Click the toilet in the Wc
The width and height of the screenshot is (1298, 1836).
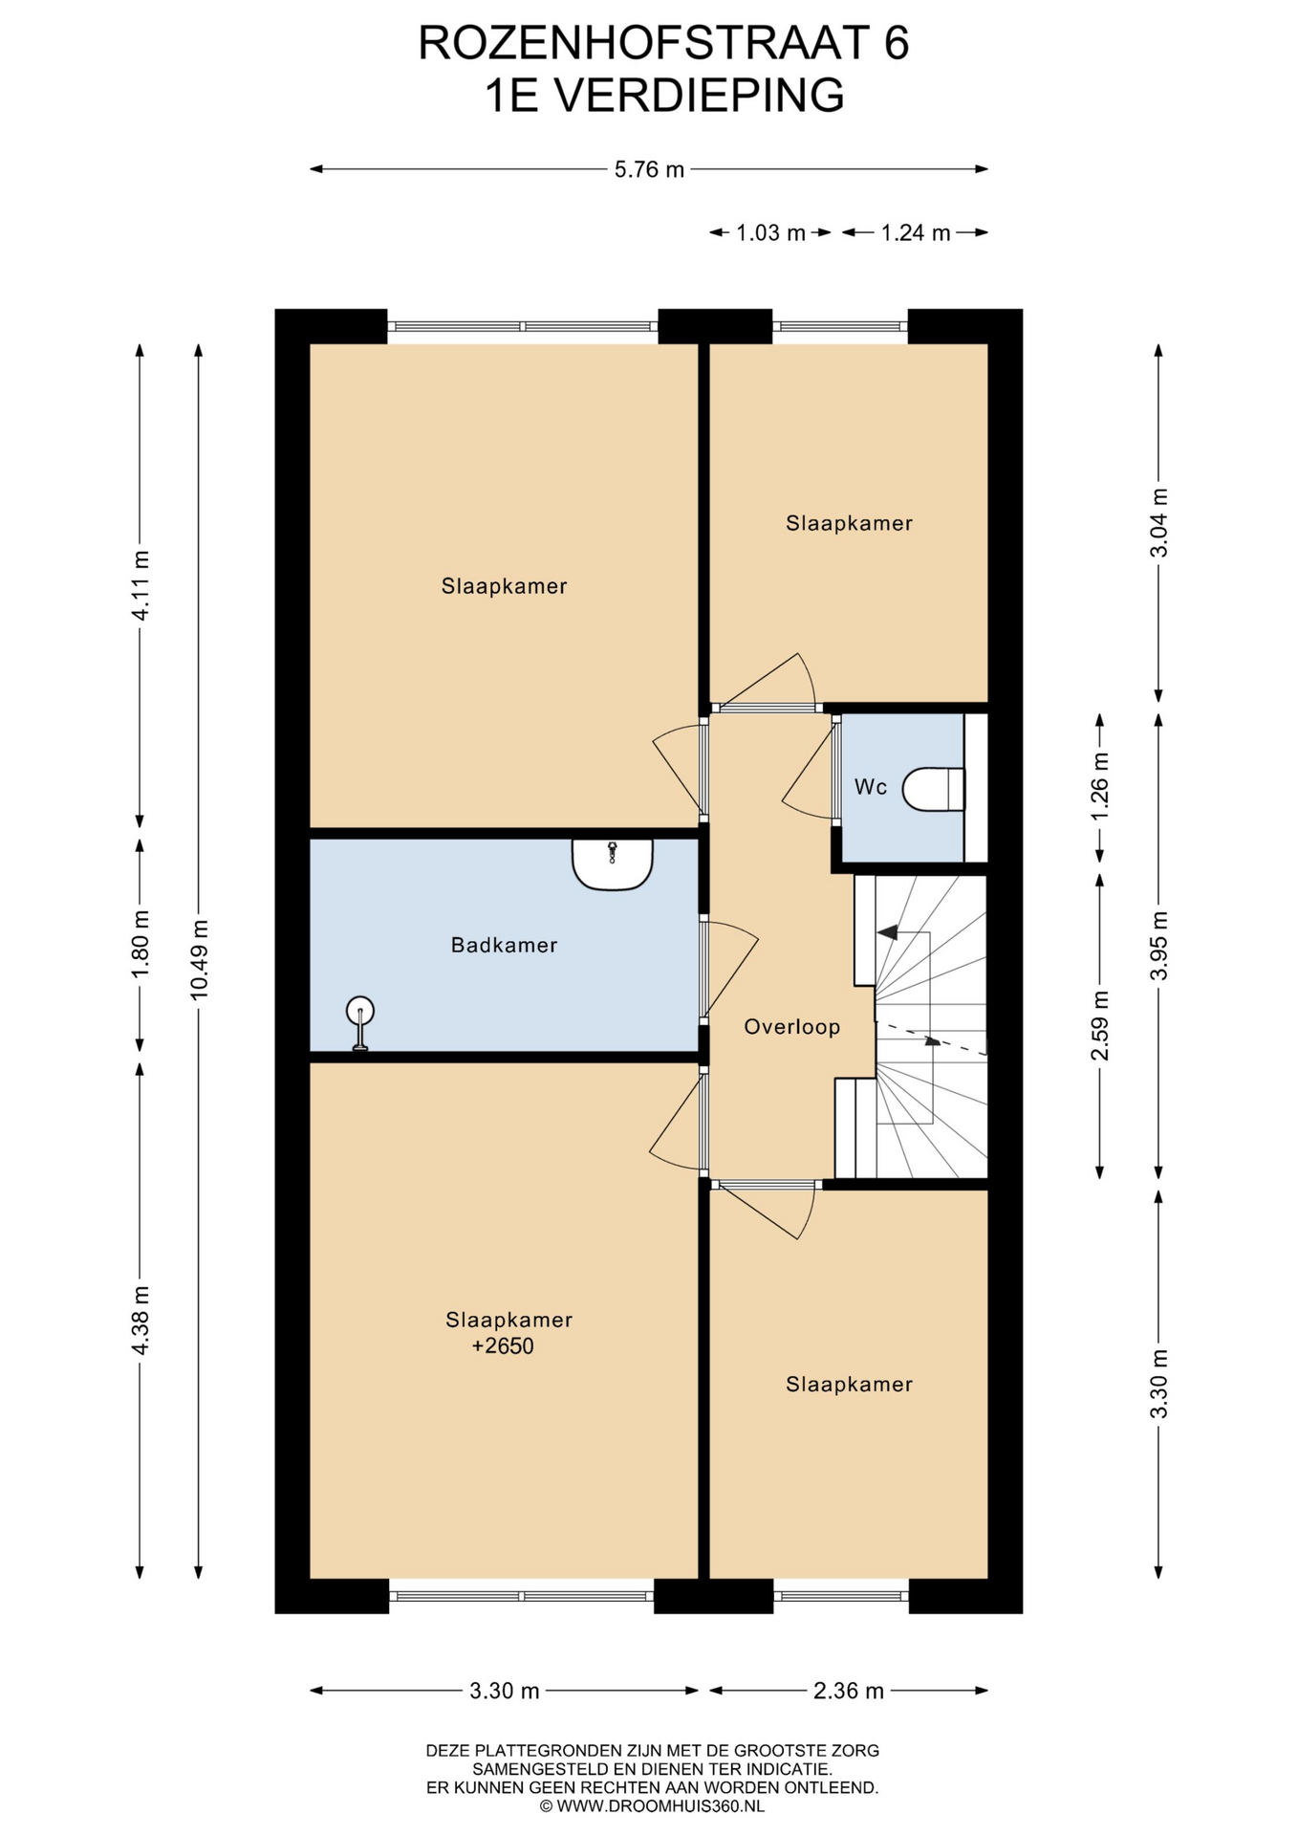pyautogui.click(x=933, y=789)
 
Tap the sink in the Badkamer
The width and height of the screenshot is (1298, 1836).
pyautogui.click(x=612, y=863)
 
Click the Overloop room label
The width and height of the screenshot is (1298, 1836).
pyautogui.click(x=791, y=1027)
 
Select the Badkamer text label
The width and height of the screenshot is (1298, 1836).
pyautogui.click(x=504, y=945)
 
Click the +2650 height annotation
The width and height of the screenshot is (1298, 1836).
pyautogui.click(x=503, y=1346)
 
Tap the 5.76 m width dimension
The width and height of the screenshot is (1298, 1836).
pyautogui.click(x=649, y=169)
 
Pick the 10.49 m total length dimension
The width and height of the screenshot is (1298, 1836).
pyautogui.click(x=199, y=959)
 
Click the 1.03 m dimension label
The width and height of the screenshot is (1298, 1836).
pyautogui.click(x=770, y=232)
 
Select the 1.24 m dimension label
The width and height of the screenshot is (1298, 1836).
pyautogui.click(x=915, y=232)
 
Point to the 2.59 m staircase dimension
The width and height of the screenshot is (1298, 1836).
pyautogui.click(x=1100, y=1025)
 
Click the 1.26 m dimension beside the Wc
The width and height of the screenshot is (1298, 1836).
pyautogui.click(x=1100, y=785)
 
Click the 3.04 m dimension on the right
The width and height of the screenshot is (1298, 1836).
pyautogui.click(x=1158, y=523)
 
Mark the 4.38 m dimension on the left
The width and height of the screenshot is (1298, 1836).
pyautogui.click(x=141, y=1320)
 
